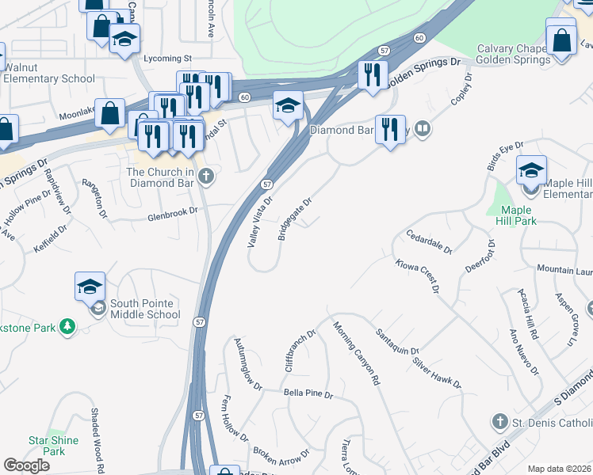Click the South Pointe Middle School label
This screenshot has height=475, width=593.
tap(145, 309)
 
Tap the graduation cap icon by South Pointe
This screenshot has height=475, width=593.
tap(90, 286)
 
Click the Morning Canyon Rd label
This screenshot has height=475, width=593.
tap(357, 353)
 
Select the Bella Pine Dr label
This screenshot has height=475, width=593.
tap(308, 393)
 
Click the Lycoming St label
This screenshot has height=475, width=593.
tap(167, 59)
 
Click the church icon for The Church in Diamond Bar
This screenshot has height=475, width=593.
tap(206, 177)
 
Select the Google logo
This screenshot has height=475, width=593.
tap(27, 465)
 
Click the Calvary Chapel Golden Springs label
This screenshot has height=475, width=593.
tap(514, 55)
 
